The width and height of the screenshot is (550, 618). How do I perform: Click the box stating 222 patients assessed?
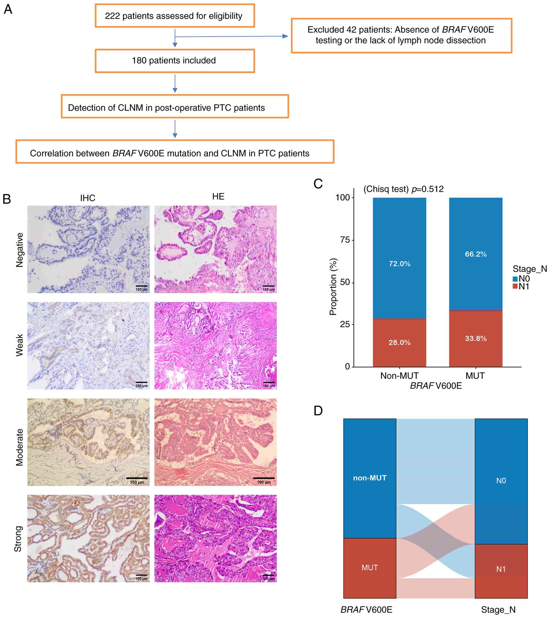(x=175, y=16)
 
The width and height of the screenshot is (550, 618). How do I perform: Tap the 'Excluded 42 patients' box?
(x=401, y=35)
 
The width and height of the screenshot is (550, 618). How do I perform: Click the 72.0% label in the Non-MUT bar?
(x=399, y=264)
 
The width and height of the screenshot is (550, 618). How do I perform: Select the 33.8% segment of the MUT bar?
(x=476, y=339)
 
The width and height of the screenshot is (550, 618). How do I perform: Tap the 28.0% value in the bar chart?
(x=399, y=343)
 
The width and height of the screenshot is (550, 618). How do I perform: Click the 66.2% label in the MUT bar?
(x=476, y=254)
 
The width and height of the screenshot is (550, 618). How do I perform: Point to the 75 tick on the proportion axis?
(x=345, y=240)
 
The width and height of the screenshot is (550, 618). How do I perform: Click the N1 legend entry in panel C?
(x=521, y=286)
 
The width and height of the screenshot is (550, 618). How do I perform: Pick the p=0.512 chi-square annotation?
(x=403, y=189)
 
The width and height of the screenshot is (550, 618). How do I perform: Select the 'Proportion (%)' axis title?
(x=333, y=287)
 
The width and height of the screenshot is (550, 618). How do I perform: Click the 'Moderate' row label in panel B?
(x=19, y=447)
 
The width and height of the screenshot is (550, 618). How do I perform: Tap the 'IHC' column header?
(x=88, y=198)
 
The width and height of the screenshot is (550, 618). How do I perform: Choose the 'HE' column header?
(x=218, y=196)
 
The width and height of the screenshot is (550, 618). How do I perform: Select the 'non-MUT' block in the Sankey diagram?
(x=369, y=478)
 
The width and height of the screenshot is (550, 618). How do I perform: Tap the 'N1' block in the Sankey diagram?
(x=501, y=569)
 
